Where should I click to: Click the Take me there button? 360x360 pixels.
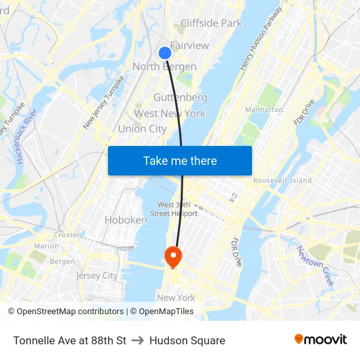pos(179,160)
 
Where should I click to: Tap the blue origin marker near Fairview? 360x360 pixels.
pos(165,53)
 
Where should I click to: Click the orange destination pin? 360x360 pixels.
pos(173,255)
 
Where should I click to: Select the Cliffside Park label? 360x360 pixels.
pos(211,23)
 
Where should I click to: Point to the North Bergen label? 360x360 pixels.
pos(164,67)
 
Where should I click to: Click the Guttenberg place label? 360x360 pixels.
pos(180,98)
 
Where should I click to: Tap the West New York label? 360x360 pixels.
pos(170,113)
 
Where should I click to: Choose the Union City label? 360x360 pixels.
pos(142,129)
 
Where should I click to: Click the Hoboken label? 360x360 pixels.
pos(126,220)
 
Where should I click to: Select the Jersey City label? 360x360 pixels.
pos(96,276)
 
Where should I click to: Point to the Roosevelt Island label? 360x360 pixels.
pos(282,181)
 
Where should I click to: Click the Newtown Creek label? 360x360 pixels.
pos(315,265)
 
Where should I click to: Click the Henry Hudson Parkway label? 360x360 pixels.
pos(261,39)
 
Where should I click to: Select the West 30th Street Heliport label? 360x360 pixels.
pos(174,209)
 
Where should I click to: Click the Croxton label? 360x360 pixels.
pos(67,234)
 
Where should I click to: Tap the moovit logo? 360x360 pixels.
pos(320,340)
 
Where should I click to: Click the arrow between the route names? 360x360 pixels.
pos(137,340)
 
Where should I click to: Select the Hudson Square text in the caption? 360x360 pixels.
pos(187,340)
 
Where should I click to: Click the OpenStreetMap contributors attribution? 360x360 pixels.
pos(65,312)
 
